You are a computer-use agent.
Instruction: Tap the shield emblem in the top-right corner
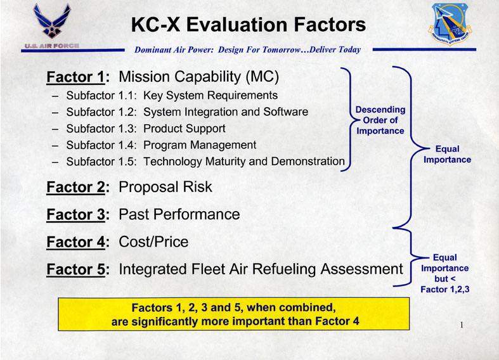pos(450,24)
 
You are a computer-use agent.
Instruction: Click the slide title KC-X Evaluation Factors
pos(249,25)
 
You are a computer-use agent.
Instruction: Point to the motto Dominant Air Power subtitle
pos(247,49)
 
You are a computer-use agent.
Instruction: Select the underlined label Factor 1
pos(75,77)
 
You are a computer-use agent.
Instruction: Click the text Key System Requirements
pos(211,95)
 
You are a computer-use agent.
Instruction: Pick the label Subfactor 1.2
pos(101,112)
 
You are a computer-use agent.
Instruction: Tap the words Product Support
pos(185,129)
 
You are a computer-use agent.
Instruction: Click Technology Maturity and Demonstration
pos(244,161)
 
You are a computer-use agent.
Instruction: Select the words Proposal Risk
pos(165,187)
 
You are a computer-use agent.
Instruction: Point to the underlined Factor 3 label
pos(75,214)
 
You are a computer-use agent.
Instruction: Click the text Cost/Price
pos(153,241)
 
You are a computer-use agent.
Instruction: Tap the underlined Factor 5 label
pos(75,269)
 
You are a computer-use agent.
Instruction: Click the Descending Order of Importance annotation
pos(380,120)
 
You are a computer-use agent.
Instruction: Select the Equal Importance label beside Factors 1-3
pos(447,154)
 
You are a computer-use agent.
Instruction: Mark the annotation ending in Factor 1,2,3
pos(445,273)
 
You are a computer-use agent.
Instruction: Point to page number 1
pos(462,325)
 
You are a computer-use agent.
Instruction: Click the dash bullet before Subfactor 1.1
pos(55,96)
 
